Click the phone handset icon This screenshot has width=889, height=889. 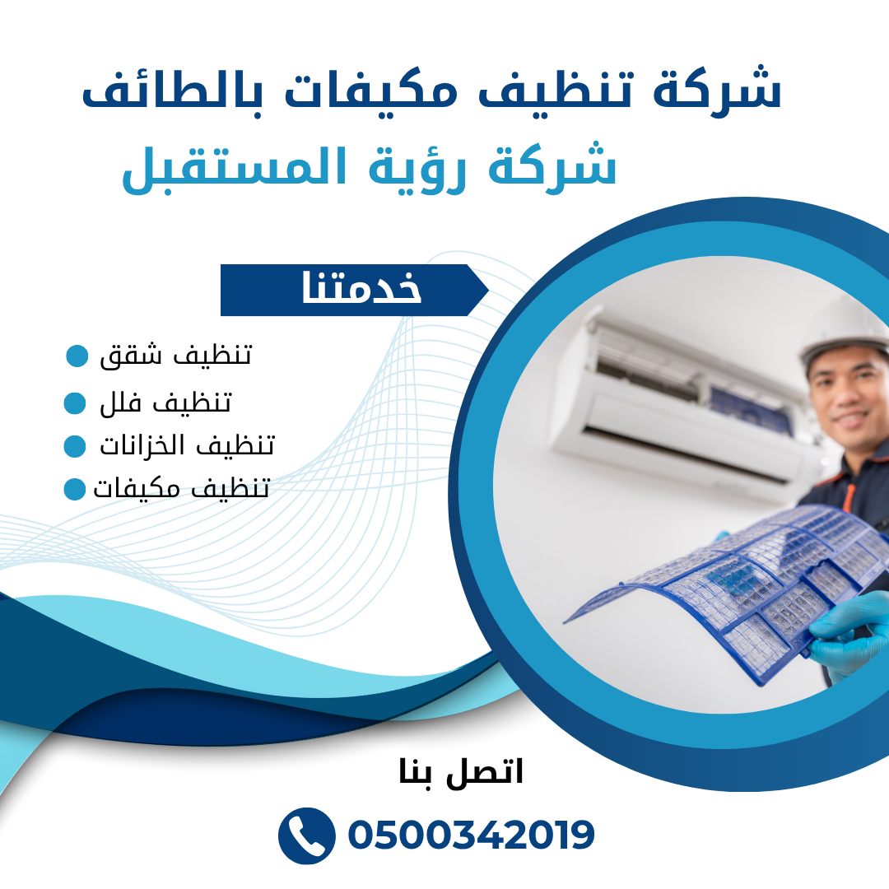pos(306,835)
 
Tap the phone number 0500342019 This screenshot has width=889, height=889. pos(471,835)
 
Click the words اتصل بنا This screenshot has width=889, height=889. pos(461,772)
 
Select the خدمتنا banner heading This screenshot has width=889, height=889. pos(361,289)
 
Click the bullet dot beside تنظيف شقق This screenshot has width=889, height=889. pos(77,356)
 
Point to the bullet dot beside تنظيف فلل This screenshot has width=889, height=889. pos(75,403)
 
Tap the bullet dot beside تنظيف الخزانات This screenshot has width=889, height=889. pos(75,446)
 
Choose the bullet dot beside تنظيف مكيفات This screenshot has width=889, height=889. pos(75,489)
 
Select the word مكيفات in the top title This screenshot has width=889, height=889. pos(371,91)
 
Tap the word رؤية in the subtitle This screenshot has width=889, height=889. pos(417,169)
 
